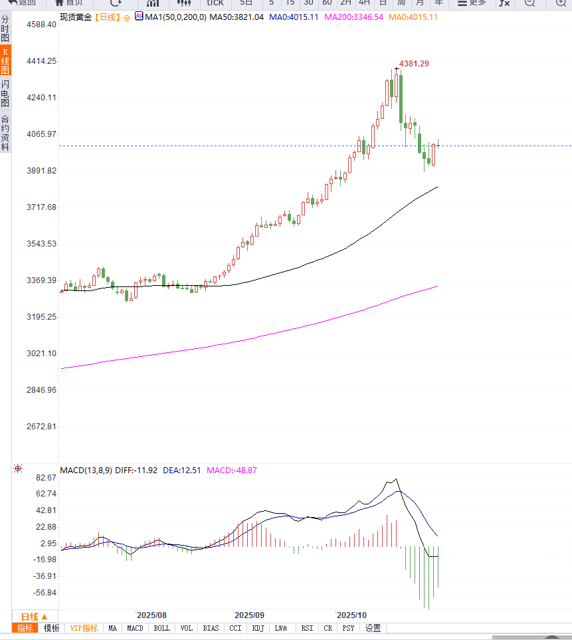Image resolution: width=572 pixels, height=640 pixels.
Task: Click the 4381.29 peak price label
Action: [414, 64]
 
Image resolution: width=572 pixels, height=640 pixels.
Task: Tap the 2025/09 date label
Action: [250, 615]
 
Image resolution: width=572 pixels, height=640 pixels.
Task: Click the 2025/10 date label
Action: [352, 615]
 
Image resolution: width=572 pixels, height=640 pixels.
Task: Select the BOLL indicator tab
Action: [161, 628]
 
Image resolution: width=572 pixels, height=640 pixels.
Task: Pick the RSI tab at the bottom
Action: [307, 628]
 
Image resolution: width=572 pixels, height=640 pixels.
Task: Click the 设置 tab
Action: [373, 628]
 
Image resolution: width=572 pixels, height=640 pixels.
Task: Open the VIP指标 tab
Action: [84, 628]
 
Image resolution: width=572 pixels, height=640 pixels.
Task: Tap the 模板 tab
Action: [52, 628]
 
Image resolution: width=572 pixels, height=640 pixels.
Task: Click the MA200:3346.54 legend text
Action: [353, 17]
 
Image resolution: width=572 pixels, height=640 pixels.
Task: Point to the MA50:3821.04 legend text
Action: [237, 17]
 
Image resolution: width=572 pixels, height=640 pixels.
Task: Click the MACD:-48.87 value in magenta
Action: [232, 471]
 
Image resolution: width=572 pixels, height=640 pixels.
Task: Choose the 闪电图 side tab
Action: [5, 94]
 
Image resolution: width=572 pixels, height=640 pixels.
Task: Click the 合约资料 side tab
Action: [5, 133]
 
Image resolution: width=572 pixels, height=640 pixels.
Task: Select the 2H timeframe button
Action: [345, 3]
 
